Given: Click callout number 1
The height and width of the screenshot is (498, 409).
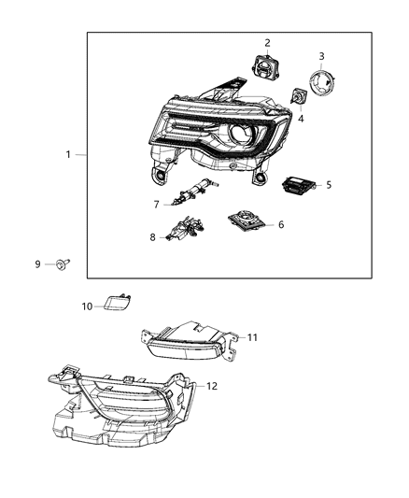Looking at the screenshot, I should tap(68, 154).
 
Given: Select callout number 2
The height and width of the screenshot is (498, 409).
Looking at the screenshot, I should tap(267, 43).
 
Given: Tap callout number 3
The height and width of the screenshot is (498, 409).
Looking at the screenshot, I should tap(321, 56).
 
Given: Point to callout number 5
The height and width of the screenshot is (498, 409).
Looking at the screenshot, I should tap(328, 186).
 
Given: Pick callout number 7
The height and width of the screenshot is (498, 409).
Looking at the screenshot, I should tap(158, 203).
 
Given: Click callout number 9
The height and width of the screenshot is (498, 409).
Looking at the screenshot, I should tap(38, 264).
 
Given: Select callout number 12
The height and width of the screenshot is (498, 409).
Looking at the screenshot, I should tap(211, 385).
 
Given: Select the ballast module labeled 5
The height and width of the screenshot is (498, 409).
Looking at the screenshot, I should tap(291, 185).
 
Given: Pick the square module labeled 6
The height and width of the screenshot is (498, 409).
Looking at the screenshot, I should tap(247, 222).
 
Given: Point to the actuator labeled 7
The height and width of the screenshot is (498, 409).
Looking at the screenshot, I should tap(191, 193).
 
